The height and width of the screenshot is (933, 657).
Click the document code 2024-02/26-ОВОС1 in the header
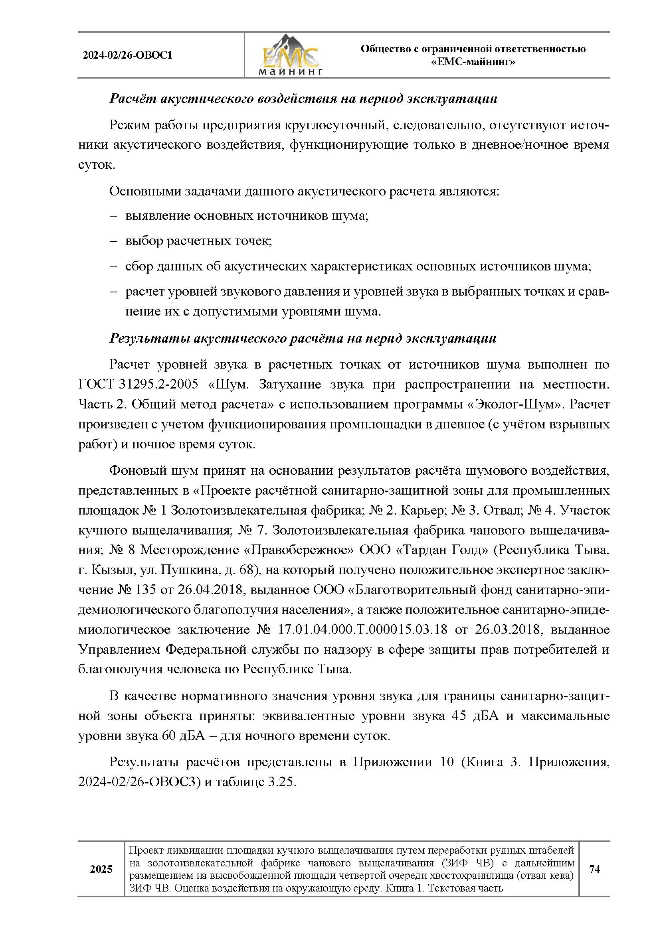[128, 55]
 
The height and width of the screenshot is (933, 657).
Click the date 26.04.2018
[210, 590]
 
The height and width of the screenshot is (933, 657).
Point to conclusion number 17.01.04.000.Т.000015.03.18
[362, 629]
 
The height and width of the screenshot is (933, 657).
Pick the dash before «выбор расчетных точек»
[113, 241]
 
